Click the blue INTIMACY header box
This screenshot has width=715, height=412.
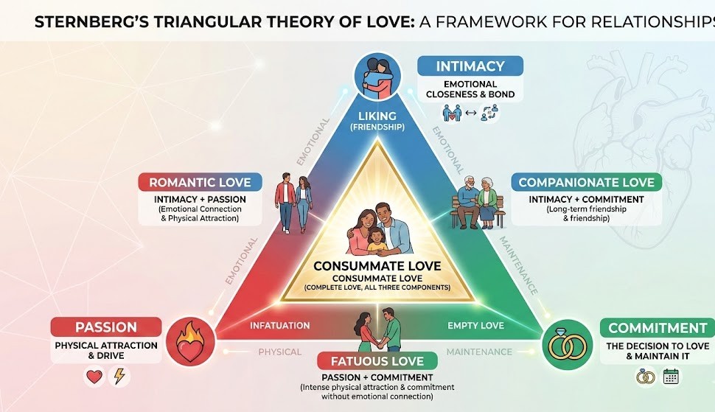[470, 66]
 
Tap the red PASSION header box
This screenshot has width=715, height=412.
[106, 327]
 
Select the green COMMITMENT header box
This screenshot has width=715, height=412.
[658, 328]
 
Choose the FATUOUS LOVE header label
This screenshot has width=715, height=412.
[377, 361]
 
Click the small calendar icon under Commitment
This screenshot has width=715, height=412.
[670, 377]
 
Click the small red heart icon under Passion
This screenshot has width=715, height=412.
[94, 377]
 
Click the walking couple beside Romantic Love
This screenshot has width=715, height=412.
[293, 203]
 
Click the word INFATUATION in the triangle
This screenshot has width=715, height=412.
[279, 325]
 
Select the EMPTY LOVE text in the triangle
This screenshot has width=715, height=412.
[475, 325]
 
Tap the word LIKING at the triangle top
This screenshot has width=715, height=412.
[377, 116]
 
